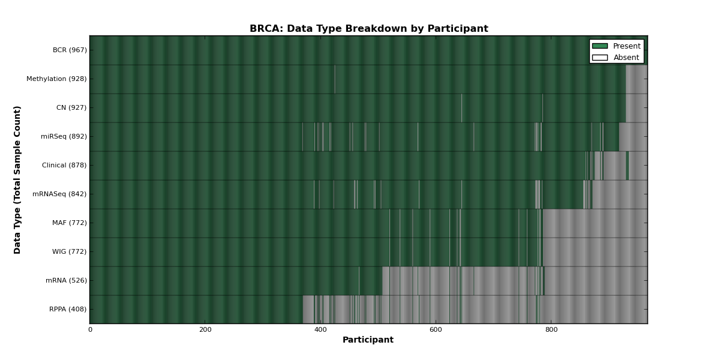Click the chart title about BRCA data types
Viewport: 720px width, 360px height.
point(368,29)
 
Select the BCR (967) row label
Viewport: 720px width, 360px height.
point(70,50)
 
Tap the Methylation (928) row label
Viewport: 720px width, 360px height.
point(56,79)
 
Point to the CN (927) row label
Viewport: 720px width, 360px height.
point(71,107)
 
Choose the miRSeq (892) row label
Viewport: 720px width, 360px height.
point(64,137)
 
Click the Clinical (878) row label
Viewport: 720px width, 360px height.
point(64,165)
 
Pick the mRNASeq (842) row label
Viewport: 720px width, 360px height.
point(59,194)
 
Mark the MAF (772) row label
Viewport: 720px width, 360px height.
point(70,223)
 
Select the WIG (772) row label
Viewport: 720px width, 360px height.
point(70,251)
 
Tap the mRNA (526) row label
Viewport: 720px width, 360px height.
point(66,281)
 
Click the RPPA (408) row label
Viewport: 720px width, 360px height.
point(68,309)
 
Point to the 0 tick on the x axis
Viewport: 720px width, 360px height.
point(91,330)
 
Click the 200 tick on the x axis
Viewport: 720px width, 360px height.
point(205,330)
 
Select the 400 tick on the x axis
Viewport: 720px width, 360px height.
point(320,330)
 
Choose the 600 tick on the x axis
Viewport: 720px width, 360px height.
point(436,330)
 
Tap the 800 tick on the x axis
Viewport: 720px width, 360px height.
point(551,330)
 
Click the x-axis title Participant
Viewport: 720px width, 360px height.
point(368,340)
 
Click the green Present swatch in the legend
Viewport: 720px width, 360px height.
point(600,46)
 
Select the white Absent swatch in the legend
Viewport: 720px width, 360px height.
point(600,58)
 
